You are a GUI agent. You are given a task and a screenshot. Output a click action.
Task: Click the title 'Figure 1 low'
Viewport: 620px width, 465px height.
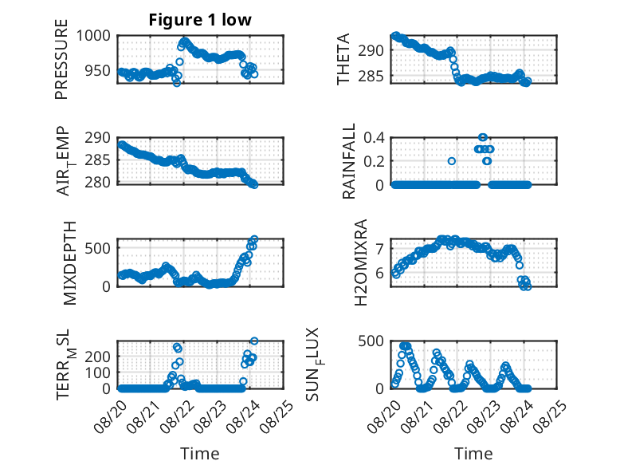point(200,20)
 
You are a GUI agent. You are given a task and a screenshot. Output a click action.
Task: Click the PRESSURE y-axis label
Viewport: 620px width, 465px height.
point(61,59)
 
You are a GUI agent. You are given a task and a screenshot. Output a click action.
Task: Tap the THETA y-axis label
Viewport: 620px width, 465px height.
point(343,59)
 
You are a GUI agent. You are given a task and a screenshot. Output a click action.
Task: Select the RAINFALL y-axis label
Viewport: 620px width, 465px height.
point(349,161)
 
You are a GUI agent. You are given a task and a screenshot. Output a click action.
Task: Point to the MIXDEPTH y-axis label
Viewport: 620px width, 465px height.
point(69,263)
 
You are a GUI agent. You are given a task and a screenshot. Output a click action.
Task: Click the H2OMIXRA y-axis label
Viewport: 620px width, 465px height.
point(361,262)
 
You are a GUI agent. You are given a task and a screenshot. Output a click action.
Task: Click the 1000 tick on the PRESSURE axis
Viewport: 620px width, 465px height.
point(93,36)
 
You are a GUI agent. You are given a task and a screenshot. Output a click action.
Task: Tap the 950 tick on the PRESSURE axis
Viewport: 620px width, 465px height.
point(98,71)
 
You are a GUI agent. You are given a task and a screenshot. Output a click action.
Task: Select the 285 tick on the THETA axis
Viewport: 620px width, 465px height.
point(371,76)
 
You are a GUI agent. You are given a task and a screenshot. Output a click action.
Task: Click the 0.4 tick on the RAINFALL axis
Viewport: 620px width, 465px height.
point(374,138)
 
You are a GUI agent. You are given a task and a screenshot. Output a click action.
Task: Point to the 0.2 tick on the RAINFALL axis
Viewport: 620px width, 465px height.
point(374,161)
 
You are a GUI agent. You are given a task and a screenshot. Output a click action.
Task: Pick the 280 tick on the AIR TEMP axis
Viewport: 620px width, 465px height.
point(98,183)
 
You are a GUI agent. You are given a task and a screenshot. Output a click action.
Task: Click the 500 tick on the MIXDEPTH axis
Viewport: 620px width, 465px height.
point(98,249)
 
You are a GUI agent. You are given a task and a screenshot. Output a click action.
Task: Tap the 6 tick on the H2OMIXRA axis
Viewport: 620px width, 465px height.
point(379,273)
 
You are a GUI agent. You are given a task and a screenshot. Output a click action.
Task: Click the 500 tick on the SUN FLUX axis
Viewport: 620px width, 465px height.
point(371,341)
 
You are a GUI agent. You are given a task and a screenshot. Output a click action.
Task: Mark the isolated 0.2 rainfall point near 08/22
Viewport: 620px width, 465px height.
point(452,161)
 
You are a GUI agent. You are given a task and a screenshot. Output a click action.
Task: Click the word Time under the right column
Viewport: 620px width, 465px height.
point(473,454)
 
